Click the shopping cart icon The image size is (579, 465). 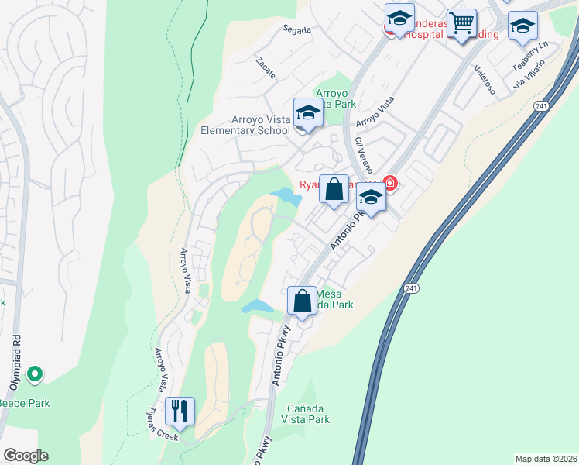point(461,24)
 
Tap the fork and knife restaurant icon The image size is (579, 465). point(180,411)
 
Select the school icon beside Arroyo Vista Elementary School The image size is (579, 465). point(308,114)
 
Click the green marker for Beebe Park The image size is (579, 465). point(34,375)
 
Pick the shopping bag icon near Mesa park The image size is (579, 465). point(303,300)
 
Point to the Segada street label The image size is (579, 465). point(296,30)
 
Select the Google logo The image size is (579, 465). point(26,456)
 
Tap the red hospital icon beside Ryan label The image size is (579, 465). point(390,184)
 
